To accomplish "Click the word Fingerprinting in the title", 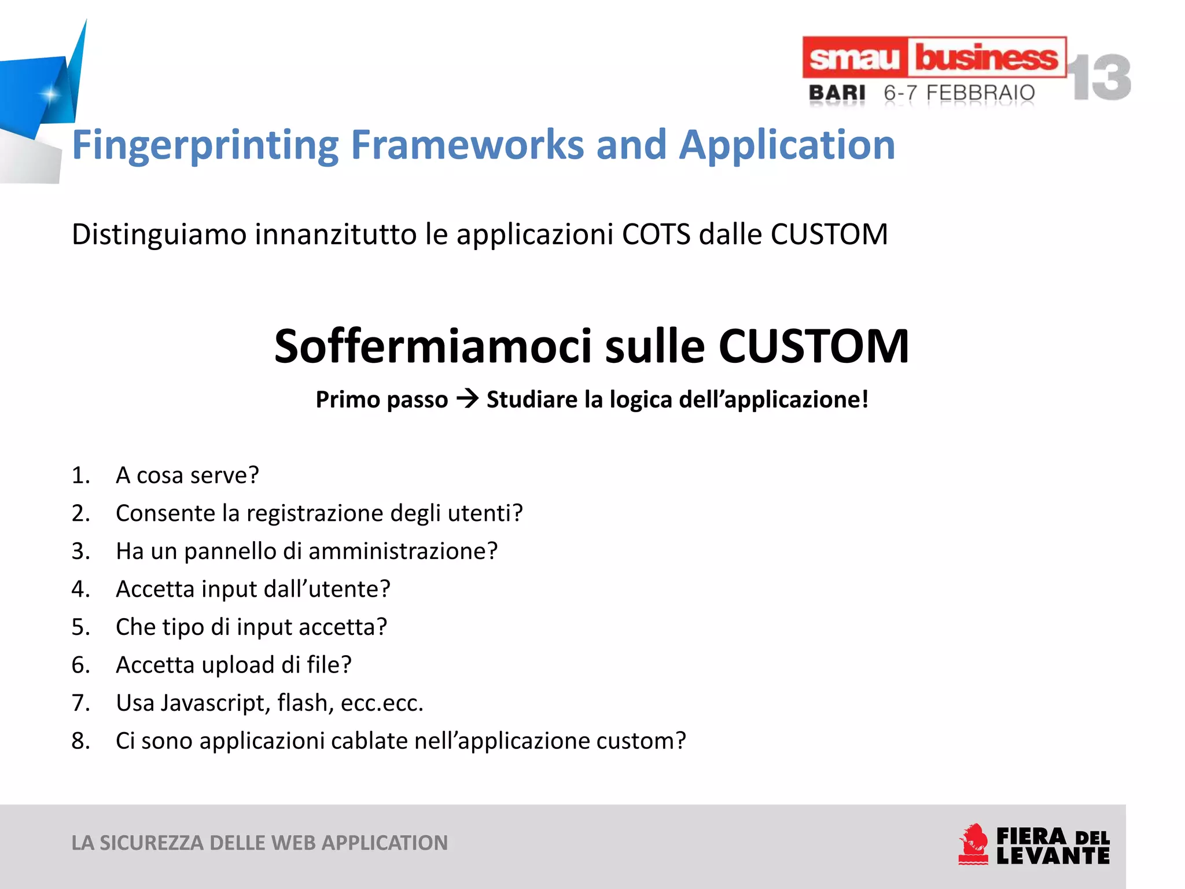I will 205,145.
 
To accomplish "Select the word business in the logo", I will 986,58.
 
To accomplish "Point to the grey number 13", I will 1099,78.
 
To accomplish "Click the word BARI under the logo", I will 837,93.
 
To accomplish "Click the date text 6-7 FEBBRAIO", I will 959,93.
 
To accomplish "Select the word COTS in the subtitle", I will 656,234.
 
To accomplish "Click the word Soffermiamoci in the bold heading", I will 433,346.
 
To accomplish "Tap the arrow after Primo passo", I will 467,399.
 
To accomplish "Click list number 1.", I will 80,475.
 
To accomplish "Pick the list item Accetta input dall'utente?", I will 253,589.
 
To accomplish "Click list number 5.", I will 80,627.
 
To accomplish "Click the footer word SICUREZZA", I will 152,843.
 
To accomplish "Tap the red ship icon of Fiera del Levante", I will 973,844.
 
